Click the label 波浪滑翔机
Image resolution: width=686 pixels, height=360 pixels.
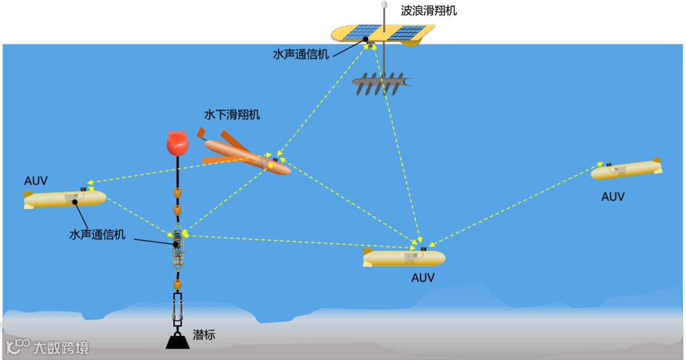429,11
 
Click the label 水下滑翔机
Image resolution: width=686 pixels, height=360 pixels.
232,115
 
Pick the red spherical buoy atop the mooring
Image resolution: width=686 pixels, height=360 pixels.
177,143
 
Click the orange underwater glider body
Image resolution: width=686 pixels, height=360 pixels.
248,157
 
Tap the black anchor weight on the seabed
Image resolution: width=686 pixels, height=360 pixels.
177,341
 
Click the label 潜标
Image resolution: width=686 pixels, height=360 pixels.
204,335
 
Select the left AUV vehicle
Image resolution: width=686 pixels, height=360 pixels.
65,199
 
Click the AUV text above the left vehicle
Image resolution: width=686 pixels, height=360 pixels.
36,180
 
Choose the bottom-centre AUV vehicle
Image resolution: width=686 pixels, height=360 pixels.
404,258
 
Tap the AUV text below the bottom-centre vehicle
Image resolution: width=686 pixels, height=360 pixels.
423,277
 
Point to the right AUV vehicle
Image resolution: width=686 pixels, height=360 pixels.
625,170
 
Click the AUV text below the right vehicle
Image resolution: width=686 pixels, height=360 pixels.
613,197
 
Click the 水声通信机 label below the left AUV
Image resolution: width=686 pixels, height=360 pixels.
97,234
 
